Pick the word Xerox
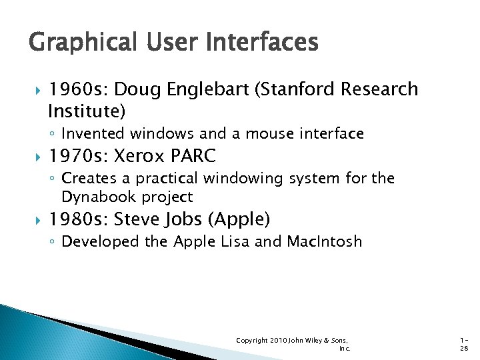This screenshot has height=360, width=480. [139, 157]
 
